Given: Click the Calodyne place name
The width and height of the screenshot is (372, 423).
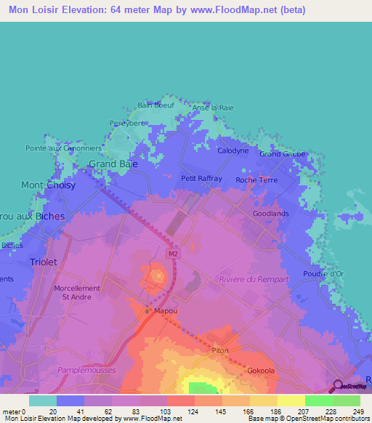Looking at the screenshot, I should click(x=233, y=150).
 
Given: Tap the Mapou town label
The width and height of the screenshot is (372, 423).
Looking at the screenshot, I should click(x=165, y=310).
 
